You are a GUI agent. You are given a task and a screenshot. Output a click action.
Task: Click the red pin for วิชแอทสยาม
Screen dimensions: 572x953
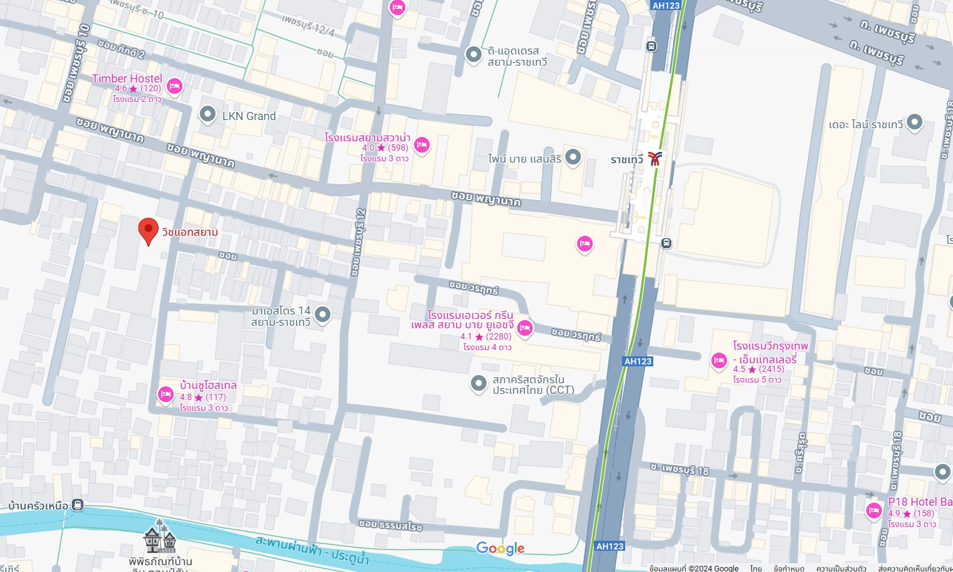point(148,231)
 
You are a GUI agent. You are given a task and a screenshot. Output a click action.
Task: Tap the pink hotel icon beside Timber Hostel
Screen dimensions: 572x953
point(174,86)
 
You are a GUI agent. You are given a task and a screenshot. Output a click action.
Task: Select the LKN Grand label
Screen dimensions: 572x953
point(249,116)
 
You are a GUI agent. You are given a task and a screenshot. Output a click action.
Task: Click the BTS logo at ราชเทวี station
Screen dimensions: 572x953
point(654,159)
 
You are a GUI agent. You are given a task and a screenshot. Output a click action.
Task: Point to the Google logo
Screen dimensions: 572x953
point(500,548)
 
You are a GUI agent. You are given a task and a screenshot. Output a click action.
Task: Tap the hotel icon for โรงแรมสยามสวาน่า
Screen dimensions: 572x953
point(422,146)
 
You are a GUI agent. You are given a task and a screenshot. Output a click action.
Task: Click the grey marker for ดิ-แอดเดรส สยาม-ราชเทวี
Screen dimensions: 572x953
point(473,55)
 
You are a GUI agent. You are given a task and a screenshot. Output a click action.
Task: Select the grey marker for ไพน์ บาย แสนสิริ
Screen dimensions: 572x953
point(573,158)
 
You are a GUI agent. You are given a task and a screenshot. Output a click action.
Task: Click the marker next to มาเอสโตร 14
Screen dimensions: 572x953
point(322,314)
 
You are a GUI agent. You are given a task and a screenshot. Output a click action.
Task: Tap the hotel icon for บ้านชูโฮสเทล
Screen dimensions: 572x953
point(165,394)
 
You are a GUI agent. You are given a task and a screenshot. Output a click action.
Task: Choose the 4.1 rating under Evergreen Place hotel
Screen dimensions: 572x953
point(466,336)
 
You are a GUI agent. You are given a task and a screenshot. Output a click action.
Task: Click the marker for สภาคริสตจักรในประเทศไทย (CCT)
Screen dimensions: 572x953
point(478,383)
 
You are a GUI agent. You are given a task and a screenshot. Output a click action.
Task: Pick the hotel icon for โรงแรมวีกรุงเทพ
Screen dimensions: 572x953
point(719,360)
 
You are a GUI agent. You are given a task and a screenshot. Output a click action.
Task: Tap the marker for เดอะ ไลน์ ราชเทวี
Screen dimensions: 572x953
point(914,123)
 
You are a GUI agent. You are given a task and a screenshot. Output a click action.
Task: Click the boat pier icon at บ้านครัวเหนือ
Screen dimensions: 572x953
point(77,504)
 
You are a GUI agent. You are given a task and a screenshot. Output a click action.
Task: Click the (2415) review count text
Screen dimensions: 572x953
point(771,369)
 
